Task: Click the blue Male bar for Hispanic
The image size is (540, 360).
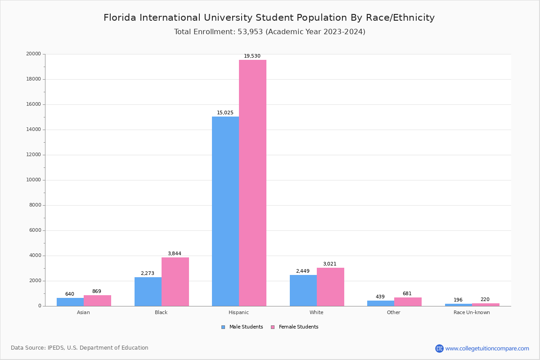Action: point(225,211)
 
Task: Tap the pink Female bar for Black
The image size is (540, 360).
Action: point(175,282)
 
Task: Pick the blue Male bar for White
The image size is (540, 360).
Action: point(303,290)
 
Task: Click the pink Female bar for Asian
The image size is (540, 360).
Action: point(97,301)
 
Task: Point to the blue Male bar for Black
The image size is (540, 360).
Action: point(148,292)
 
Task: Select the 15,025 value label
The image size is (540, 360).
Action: point(225,113)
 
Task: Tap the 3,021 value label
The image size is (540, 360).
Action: point(329,264)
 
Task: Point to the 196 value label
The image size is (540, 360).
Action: point(458,300)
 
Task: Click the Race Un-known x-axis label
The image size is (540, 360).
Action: point(472,313)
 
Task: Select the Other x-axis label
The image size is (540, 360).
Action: point(393,313)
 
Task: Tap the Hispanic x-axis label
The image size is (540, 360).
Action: point(238,313)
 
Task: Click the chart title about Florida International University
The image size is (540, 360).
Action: point(269,18)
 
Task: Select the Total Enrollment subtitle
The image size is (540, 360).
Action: point(270,32)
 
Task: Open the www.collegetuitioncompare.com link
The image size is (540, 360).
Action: point(487,348)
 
